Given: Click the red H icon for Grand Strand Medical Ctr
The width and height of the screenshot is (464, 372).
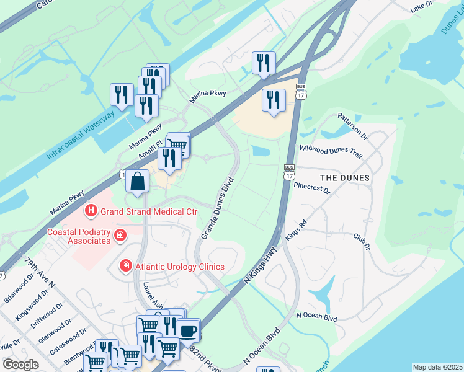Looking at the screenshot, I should (92, 211).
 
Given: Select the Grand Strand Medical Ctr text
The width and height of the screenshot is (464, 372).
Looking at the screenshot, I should (149, 211).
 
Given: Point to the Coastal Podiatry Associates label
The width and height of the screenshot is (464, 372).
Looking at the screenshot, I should (79, 236).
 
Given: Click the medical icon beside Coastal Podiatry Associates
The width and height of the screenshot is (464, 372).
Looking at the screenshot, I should (120, 236).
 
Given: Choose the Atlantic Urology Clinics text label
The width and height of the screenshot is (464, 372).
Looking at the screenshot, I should (179, 267).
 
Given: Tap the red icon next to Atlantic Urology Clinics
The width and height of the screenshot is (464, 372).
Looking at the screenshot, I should (125, 266).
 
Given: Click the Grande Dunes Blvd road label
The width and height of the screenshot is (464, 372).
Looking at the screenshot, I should (216, 208).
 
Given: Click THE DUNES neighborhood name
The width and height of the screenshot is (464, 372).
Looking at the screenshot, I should (346, 178).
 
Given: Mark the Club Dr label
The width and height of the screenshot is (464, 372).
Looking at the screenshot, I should (361, 241).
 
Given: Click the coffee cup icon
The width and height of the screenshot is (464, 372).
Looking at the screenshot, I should (188, 329).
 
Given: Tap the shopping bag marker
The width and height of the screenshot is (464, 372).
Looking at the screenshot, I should (138, 182).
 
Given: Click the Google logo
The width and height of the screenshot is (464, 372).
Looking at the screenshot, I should (20, 365).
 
